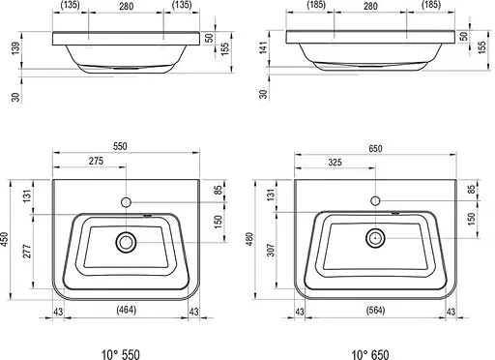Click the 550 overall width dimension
[120, 146]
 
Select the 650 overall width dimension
[375, 148]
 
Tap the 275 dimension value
[96, 161]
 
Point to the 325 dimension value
[335, 162]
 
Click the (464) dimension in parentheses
[127, 310]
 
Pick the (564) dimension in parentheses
[376, 310]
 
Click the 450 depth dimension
[5, 239]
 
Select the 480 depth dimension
[249, 239]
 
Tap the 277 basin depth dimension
[27, 252]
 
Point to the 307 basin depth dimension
[271, 250]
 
